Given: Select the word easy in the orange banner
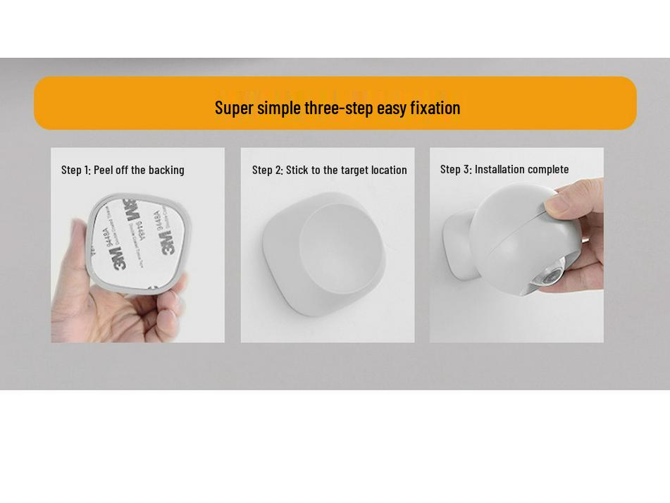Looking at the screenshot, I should point(391,108).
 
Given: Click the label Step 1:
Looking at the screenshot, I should point(76,170).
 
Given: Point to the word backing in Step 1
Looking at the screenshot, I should point(166,170).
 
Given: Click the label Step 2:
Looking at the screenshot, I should point(267,170).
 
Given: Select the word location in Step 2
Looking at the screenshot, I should point(389,170).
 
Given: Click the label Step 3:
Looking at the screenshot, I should point(455,169).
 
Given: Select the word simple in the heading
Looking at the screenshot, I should point(279,108).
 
